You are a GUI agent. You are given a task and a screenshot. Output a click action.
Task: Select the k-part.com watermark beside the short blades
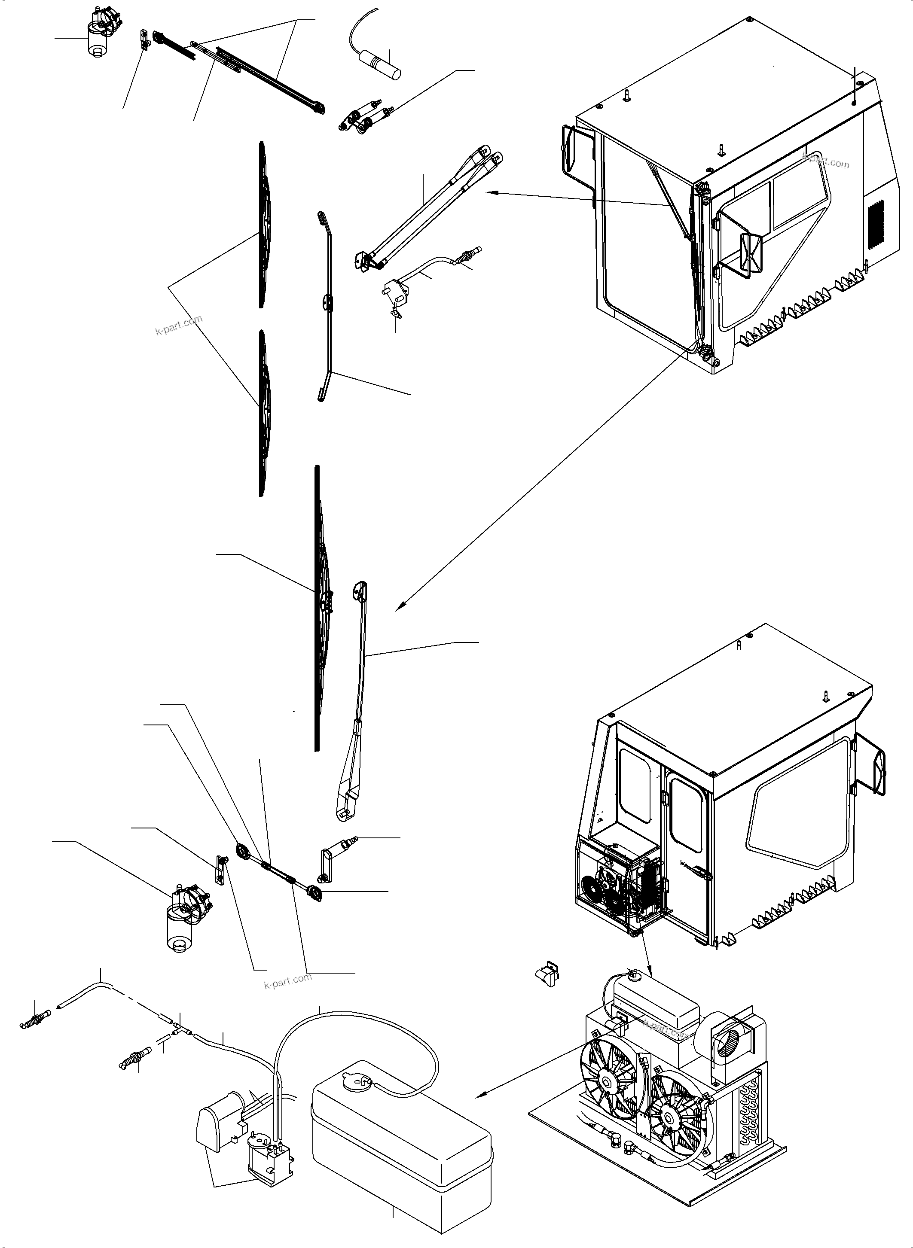[x=178, y=326]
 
